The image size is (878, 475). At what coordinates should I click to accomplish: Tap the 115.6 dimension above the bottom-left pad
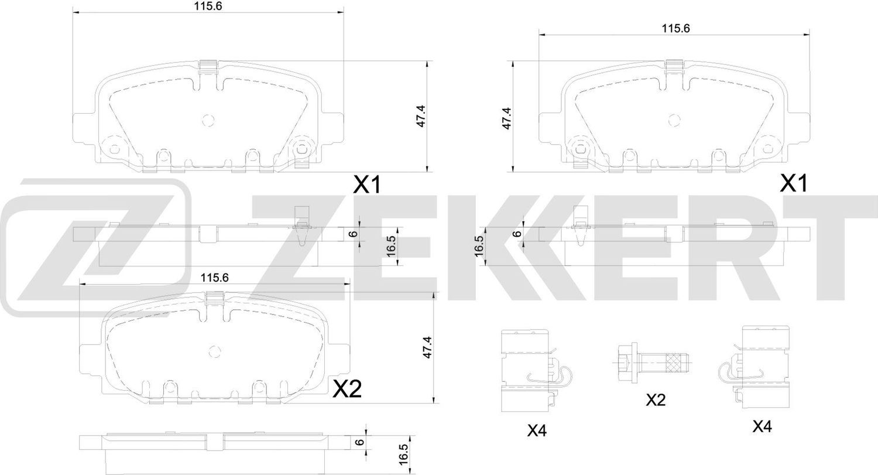click(214, 278)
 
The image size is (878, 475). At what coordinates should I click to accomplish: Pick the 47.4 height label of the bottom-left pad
click(427, 347)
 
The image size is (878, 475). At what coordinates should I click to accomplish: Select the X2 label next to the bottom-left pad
click(347, 389)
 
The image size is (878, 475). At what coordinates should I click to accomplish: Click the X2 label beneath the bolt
click(656, 400)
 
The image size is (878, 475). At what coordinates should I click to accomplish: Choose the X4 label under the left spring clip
click(536, 430)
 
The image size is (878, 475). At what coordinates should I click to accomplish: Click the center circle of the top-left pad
click(208, 119)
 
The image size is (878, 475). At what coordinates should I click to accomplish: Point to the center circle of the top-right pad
click(674, 121)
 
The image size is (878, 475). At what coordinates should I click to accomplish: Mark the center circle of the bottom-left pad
click(215, 351)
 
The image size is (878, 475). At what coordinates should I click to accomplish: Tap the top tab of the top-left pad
click(208, 67)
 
